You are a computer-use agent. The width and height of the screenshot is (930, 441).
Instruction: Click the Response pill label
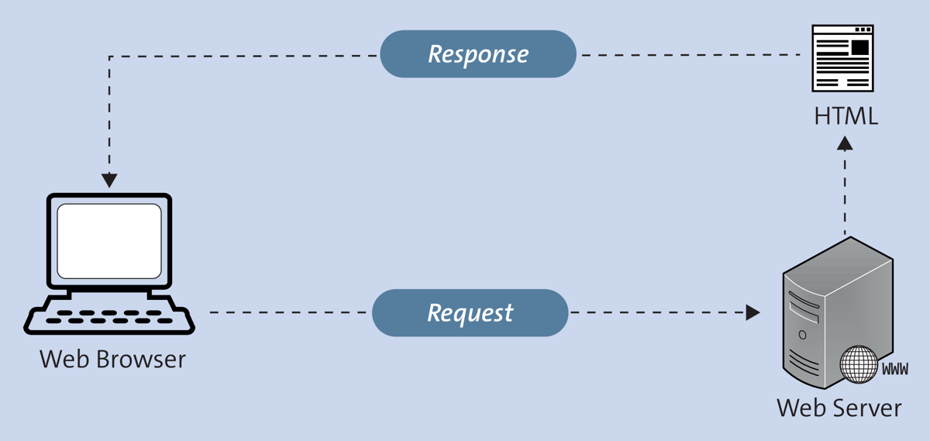coord(478,54)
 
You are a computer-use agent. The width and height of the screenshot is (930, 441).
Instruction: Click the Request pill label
coord(470,312)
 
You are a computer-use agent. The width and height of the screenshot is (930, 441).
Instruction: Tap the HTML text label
coord(846,116)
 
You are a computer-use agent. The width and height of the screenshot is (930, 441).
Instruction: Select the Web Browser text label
coord(112,360)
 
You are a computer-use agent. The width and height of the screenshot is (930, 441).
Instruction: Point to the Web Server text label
coord(839,408)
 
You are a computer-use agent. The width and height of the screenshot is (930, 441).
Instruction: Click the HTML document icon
coord(842,58)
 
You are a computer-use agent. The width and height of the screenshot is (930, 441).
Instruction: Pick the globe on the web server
coord(859,363)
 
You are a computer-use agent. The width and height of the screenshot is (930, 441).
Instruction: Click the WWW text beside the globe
coord(895,370)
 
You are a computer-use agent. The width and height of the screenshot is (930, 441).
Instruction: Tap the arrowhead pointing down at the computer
coord(109,180)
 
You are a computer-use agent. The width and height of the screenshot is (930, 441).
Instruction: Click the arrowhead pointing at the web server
coord(753,312)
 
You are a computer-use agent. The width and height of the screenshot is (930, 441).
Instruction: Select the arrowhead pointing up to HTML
coord(845,143)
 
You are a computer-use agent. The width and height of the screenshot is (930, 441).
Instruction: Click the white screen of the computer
coord(109,240)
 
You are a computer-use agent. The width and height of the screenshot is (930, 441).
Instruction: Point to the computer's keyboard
coord(109,318)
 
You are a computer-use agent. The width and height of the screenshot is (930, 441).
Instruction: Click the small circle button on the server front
coord(802,336)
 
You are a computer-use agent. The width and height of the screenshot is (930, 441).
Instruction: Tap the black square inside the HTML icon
coord(859,47)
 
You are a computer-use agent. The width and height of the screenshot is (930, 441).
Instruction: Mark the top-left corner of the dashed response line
coord(110,56)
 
